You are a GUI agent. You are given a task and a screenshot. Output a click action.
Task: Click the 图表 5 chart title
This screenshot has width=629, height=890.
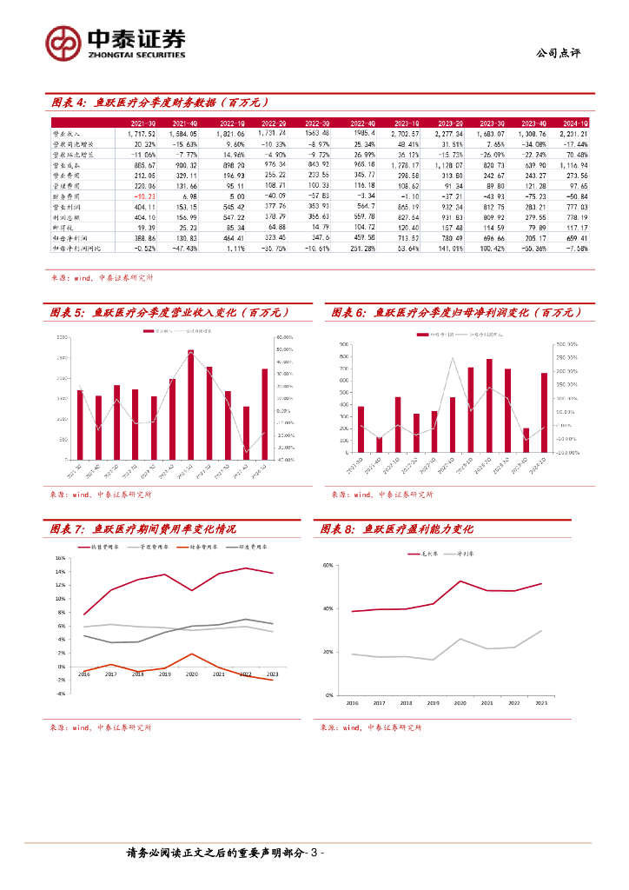[168, 312]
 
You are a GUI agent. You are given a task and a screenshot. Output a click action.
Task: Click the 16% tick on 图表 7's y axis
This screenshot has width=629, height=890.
[60, 558]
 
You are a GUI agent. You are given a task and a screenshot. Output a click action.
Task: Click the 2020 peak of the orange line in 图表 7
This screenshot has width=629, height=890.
[192, 653]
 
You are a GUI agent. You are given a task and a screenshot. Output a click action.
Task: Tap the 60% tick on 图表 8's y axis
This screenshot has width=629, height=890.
[329, 565]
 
